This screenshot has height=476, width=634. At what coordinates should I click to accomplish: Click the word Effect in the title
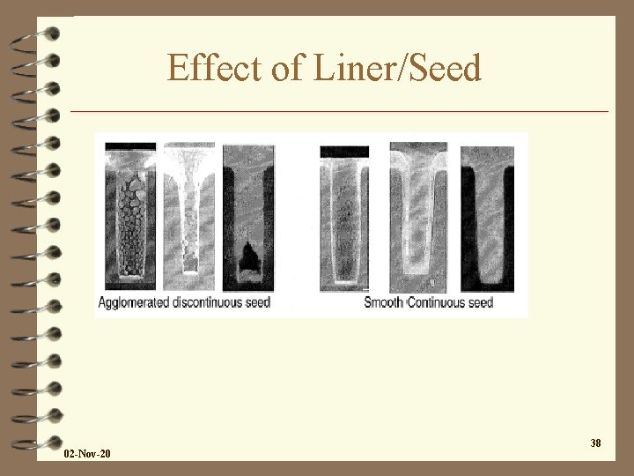coord(208,68)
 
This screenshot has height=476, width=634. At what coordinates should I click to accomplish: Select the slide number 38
coord(595,443)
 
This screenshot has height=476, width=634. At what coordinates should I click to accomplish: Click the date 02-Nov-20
coord(88,454)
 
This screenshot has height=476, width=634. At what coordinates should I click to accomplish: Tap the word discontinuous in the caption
coord(217,302)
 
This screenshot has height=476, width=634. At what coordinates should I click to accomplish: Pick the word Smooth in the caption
coord(384,302)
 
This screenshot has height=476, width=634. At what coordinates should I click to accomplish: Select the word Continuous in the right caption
coord(438,302)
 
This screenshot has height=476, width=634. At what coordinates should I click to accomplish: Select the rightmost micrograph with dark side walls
coord(487,216)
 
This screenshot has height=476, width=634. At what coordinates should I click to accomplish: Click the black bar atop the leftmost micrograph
coord(129,146)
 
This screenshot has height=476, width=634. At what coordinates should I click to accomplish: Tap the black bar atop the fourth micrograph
coord(344,151)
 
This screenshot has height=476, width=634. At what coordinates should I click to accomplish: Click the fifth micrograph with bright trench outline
coord(418,216)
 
